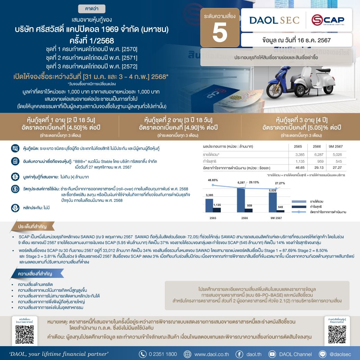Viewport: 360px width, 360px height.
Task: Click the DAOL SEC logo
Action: (274, 20)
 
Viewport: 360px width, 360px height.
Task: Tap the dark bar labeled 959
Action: (249, 210)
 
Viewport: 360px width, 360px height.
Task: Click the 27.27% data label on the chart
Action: (280, 183)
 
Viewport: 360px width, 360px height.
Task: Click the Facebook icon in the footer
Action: (239, 354)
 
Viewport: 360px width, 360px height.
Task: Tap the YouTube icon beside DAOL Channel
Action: (272, 354)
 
